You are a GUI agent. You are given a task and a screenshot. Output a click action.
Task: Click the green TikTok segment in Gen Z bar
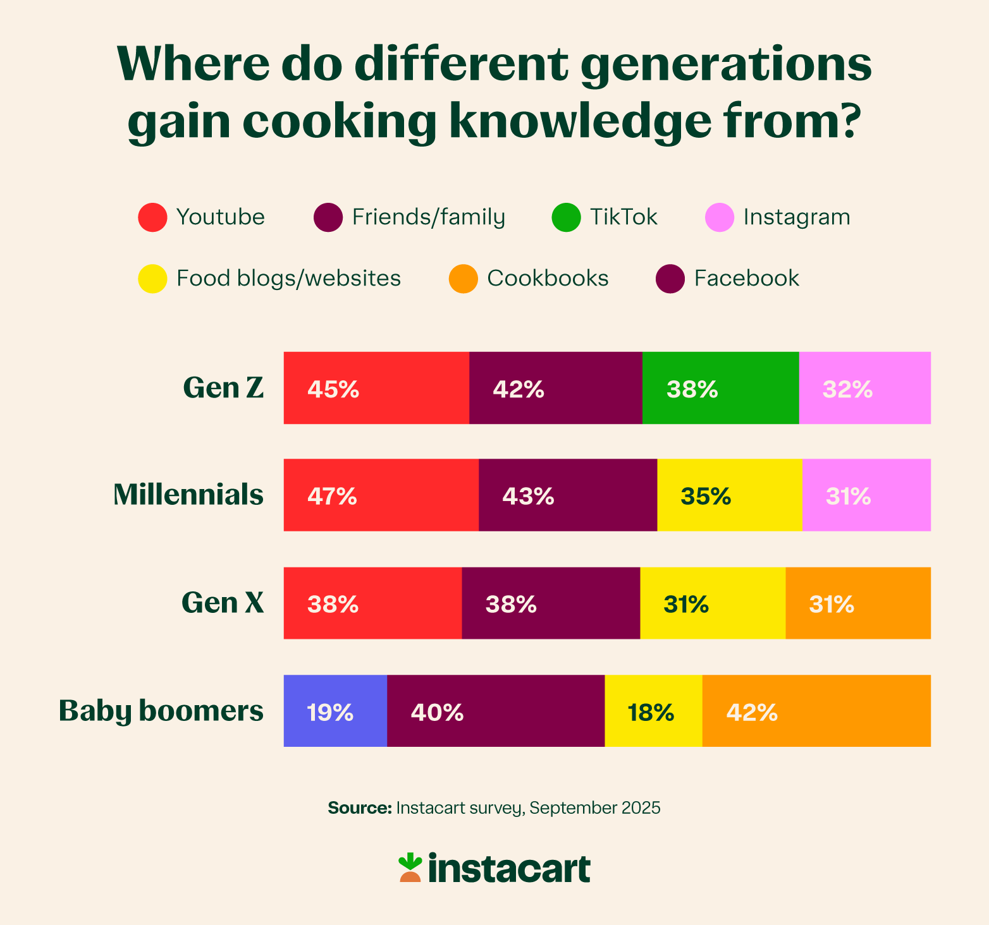[x=720, y=388]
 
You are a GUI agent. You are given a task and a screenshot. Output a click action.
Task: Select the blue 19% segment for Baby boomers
[x=335, y=711]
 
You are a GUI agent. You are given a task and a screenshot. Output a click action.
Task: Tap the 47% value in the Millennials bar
[x=333, y=497]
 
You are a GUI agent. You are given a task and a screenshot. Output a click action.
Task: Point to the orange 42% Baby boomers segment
[x=816, y=711]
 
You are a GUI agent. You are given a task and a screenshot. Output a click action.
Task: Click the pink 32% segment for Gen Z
[x=864, y=388]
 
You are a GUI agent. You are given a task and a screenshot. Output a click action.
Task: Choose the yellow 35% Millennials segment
[x=730, y=495]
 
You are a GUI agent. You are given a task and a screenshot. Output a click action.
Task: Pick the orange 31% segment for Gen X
[x=857, y=603]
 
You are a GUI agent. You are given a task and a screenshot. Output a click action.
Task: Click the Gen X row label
[x=223, y=603]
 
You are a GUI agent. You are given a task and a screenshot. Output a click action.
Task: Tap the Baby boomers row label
[x=161, y=711]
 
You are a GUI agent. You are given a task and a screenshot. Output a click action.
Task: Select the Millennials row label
[x=188, y=495]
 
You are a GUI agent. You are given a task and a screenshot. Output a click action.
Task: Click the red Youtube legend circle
[x=152, y=217]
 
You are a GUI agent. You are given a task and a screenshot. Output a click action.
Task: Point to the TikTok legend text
[x=623, y=217]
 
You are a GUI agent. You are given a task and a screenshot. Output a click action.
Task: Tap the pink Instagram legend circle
[x=720, y=217]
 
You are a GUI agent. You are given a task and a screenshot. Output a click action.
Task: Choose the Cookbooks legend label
[x=548, y=279]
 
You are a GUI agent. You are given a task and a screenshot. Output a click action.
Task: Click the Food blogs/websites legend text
[x=288, y=279]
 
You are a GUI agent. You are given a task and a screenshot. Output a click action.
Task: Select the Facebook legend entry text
[x=746, y=279]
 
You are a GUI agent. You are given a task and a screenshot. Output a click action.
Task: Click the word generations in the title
[x=726, y=66]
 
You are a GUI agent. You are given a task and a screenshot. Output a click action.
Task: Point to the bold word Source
[x=360, y=808]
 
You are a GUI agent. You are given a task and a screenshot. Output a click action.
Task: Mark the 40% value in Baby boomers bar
[x=437, y=713]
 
